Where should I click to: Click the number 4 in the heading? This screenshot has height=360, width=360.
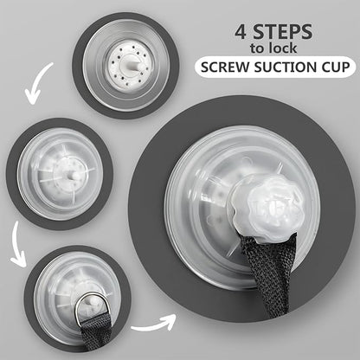tap(241, 32)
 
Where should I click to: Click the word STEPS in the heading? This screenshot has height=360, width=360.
tap(283, 32)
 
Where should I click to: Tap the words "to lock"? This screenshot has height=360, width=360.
tap(273, 48)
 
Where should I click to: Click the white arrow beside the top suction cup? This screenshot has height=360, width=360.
tap(37, 84)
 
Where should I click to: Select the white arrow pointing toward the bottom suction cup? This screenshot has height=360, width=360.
tap(18, 245)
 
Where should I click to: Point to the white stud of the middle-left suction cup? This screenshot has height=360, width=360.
tap(72, 176)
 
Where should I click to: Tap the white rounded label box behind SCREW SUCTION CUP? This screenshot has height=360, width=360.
tap(275, 67)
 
